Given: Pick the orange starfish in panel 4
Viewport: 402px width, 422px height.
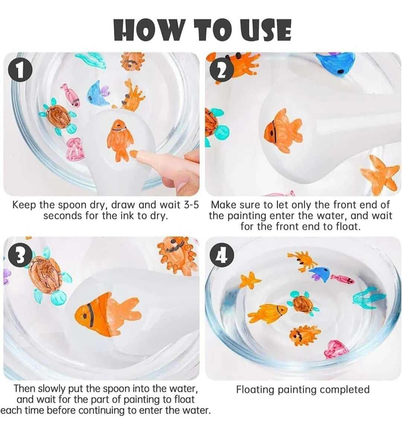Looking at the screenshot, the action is click(250, 280).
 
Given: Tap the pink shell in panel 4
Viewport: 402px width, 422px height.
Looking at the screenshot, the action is click(336, 350).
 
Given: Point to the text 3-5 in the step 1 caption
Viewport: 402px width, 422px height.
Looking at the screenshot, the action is click(191, 205).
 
